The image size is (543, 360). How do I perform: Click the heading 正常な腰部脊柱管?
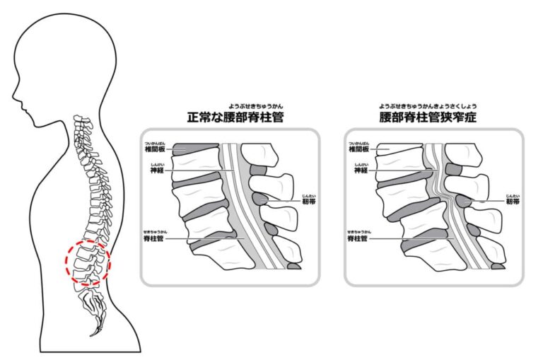[235, 117]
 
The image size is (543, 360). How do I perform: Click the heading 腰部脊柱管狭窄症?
[428, 117]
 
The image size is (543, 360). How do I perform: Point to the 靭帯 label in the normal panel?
[308, 202]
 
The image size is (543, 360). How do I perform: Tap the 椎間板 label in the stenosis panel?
[361, 149]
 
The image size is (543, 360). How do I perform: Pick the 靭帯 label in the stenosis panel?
[512, 202]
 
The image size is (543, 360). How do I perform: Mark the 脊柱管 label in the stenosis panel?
[360, 240]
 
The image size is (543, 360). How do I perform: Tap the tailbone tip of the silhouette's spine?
[91, 334]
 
